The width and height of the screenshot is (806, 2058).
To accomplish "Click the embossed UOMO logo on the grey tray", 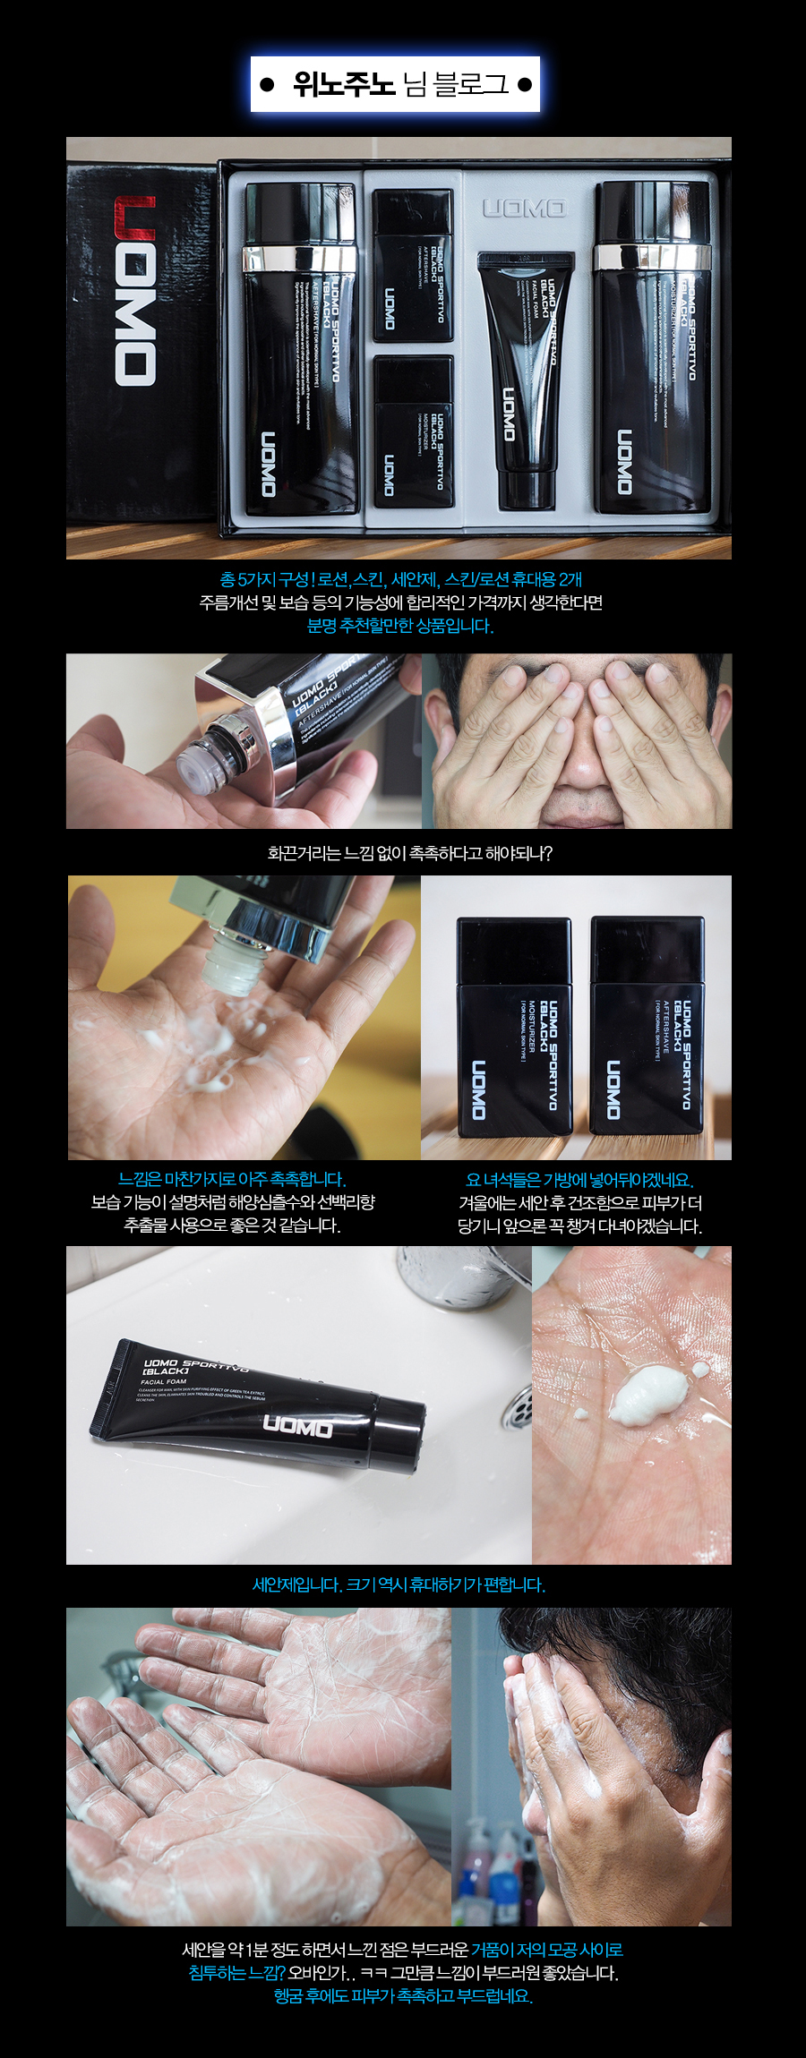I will coord(524,209).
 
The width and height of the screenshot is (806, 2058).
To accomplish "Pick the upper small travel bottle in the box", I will coord(413,266).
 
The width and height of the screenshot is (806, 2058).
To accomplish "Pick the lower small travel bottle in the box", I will coord(413,431).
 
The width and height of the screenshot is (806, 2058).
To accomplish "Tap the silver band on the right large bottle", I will coord(653,256).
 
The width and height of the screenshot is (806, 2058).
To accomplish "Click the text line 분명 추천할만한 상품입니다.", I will coord(400,626).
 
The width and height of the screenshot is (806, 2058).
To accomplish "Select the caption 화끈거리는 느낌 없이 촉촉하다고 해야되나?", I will coord(409,853).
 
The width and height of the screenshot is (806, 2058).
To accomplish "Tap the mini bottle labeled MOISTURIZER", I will coord(513,1025).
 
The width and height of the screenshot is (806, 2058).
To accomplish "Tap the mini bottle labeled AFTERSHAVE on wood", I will coord(647,1025).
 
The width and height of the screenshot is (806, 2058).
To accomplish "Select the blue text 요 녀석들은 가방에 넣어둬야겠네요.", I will coord(579,1180).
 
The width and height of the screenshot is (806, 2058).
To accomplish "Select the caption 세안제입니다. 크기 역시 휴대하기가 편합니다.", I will coord(399,1585).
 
